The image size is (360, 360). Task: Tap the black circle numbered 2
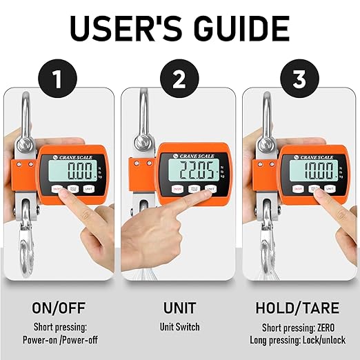[179, 80]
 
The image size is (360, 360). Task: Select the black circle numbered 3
[299, 80]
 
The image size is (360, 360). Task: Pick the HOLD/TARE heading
[299, 308]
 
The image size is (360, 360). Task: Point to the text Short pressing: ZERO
[299, 327]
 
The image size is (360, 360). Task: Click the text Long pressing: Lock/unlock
[299, 339]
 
